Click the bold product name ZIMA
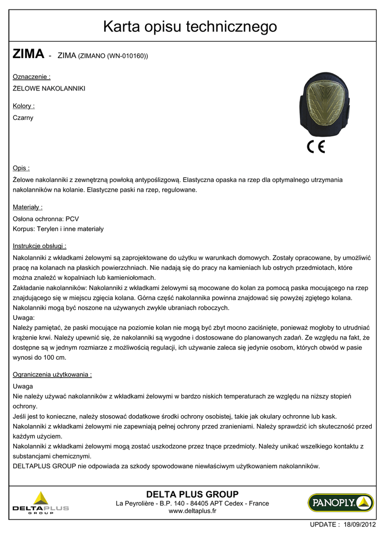[28, 54]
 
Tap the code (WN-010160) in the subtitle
[127, 55]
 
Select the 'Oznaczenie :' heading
[31, 77]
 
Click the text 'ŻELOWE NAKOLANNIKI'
[49, 88]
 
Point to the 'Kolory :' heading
[24, 106]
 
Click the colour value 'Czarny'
[23, 118]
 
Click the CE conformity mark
[316, 147]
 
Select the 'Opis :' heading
[21, 168]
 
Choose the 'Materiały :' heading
[28, 207]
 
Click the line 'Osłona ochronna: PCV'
[46, 218]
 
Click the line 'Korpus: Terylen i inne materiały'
[58, 229]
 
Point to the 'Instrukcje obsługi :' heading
[39, 246]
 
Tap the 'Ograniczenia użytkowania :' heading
[52, 375]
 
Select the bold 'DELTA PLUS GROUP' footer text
[192, 494]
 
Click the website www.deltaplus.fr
[192, 511]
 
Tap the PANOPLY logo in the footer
[340, 502]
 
